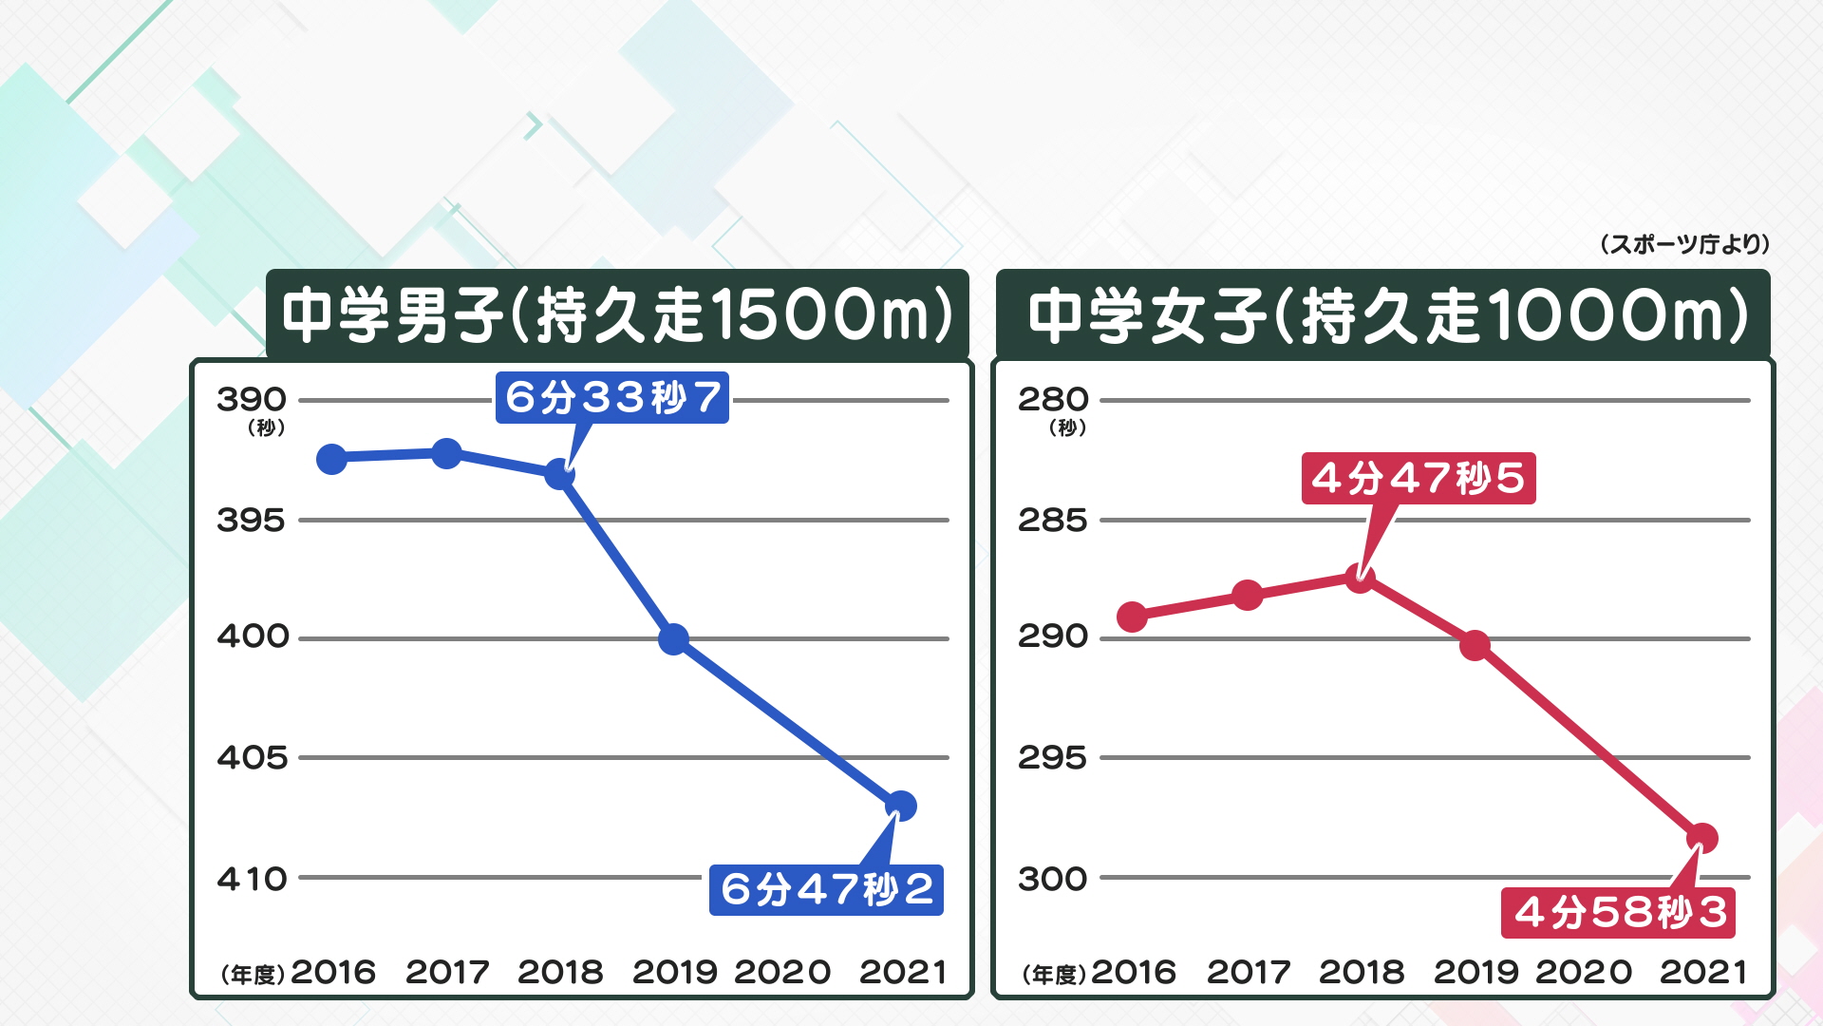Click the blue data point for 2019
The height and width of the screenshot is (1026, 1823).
pos(673,639)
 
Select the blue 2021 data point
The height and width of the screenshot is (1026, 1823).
pos(900,807)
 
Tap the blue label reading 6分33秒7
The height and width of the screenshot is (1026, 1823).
pos(612,397)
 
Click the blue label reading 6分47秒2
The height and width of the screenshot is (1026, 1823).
pos(826,890)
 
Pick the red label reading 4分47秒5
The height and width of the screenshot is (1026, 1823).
pos(1418,478)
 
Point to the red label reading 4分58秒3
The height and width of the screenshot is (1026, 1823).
pos(1618,913)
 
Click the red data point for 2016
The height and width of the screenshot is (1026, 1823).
pos(1132,617)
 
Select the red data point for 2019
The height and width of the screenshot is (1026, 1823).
pos(1475,646)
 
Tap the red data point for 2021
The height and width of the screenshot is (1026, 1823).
pos(1701,839)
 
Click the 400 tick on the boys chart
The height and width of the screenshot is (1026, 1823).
pos(253,636)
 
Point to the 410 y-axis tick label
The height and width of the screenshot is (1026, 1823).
pos(253,879)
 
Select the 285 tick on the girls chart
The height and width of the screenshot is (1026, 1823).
pos(1053,521)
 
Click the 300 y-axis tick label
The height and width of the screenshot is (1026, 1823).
pos(1053,879)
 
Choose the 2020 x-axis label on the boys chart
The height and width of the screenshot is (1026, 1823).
pos(782,972)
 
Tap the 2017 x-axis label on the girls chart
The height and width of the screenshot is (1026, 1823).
pos(1249,972)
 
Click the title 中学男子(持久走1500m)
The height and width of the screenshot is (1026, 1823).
pos(617,314)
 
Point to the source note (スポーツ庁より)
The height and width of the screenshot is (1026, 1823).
pos(1684,245)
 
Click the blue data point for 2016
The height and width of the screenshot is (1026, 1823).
pos(331,460)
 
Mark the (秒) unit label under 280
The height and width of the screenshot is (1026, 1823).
pos(1067,427)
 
